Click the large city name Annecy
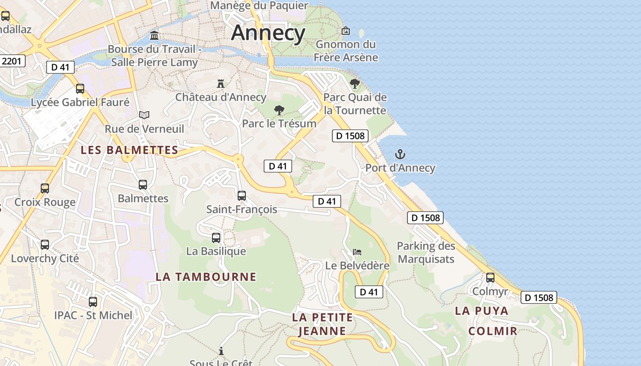(268, 33)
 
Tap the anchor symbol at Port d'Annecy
(400, 154)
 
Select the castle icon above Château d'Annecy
(221, 83)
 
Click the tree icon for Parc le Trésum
(279, 110)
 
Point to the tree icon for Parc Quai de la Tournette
(354, 84)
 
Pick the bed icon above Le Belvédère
(357, 252)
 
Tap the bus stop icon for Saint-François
(242, 196)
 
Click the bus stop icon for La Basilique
(216, 238)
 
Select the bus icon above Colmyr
(490, 277)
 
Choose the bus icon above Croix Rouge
(45, 188)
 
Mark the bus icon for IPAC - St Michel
(93, 302)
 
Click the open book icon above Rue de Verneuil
(144, 115)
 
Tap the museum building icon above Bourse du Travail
(154, 35)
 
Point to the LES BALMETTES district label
(130, 150)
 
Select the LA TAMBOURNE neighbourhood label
(206, 277)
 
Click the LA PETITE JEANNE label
(322, 324)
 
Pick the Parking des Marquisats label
(426, 253)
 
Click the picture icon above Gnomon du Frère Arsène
(346, 31)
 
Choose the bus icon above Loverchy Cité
(45, 245)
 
